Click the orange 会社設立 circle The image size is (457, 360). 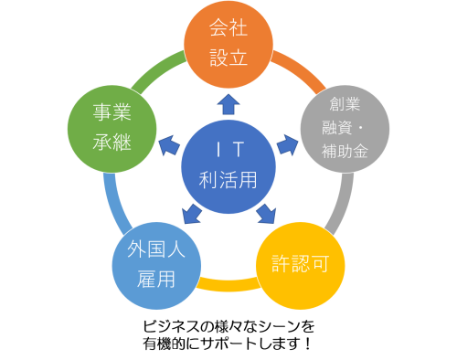(228, 43)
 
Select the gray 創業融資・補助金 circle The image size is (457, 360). (345, 128)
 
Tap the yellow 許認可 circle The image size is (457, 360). (308, 265)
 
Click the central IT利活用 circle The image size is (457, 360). (228, 164)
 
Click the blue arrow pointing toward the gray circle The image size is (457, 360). (287, 143)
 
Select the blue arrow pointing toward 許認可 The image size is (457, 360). (266, 214)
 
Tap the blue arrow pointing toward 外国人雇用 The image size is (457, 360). (191, 214)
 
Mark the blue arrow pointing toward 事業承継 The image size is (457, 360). (167, 143)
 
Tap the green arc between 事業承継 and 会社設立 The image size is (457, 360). (161, 67)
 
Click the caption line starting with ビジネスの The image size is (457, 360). (228, 326)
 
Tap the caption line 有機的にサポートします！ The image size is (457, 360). (228, 344)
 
